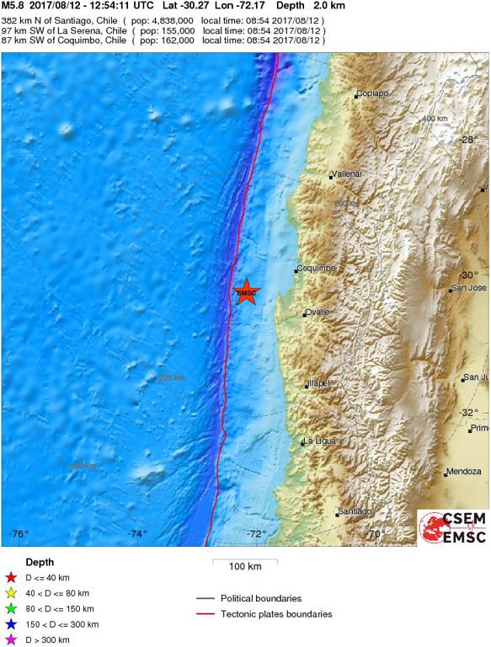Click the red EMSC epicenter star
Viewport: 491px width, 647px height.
(x=246, y=292)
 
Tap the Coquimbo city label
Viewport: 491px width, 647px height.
(x=317, y=269)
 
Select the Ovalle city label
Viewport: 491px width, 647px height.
(x=318, y=312)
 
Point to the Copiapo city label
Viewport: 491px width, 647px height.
(x=371, y=94)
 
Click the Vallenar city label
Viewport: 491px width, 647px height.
(x=347, y=174)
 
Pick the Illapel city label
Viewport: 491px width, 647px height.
(x=319, y=383)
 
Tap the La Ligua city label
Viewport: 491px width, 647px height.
(x=320, y=441)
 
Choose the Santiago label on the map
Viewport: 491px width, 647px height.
(x=354, y=511)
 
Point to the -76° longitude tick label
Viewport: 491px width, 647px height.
(x=19, y=533)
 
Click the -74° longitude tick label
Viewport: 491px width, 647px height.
(x=137, y=533)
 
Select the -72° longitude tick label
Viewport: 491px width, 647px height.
(x=256, y=533)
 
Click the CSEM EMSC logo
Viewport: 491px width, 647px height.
(x=453, y=527)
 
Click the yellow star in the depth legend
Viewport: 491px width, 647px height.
(x=10, y=593)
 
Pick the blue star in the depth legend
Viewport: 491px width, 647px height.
(x=10, y=624)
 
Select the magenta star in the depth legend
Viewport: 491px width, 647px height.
(x=10, y=640)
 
